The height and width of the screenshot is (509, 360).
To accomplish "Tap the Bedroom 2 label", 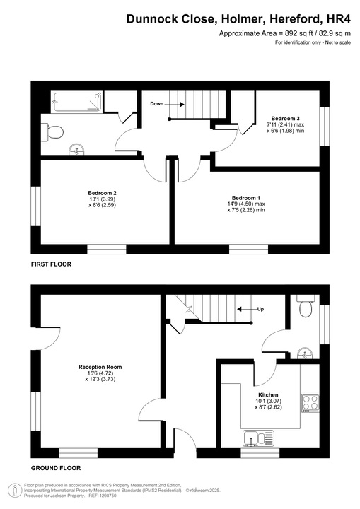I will point(102,193).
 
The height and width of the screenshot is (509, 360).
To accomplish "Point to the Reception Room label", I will point(100,367).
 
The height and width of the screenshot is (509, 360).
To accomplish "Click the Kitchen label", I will point(268,394).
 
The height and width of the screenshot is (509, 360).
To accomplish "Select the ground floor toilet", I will point(306,308).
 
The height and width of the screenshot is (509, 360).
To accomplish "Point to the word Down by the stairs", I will point(156,104).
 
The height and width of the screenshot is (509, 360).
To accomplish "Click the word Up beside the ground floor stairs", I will point(260,310).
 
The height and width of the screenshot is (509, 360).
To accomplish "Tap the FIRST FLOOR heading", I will point(51,264).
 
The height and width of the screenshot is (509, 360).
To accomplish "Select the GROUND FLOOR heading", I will point(56,468).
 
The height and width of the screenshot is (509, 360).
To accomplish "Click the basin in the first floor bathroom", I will point(78,149).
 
